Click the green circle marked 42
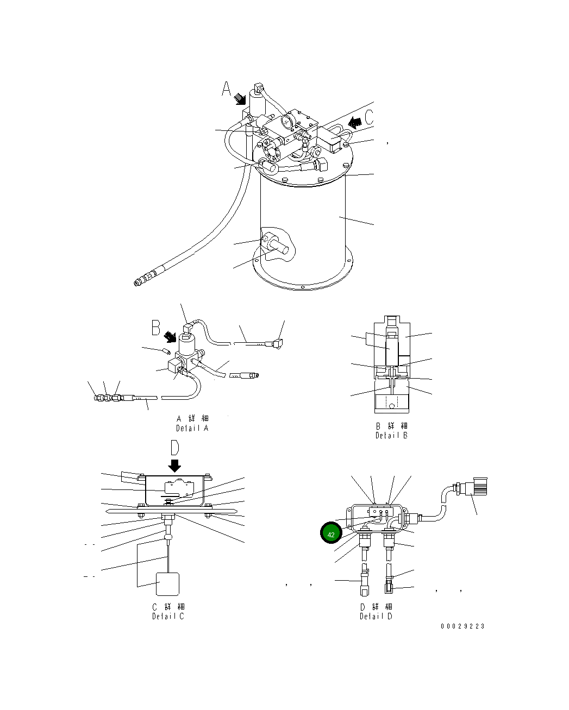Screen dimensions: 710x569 click(x=331, y=534)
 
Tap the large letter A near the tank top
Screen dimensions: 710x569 click(x=227, y=89)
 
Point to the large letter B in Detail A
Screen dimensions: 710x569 click(x=156, y=328)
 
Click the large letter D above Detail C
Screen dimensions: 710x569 click(x=174, y=448)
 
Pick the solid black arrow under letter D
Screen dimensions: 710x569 click(x=175, y=466)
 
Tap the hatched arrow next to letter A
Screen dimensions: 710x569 click(x=240, y=99)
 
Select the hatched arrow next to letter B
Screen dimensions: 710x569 click(x=171, y=337)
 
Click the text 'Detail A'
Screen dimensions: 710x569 click(x=192, y=428)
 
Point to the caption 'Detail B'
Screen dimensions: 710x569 click(x=391, y=435)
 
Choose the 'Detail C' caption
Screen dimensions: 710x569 click(x=168, y=617)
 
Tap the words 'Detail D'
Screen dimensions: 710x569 click(x=376, y=616)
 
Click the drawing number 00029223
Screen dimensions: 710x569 click(x=462, y=626)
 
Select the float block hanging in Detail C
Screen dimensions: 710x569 click(x=168, y=584)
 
